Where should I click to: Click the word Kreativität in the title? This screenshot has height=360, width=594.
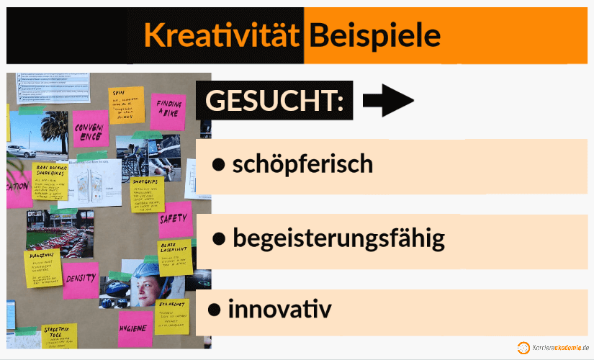220,34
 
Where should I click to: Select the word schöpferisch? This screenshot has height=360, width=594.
302,164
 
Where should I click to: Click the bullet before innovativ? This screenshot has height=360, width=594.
214,310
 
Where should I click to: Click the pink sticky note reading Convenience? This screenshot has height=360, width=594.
90,130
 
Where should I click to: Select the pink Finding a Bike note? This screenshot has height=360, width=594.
169,108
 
